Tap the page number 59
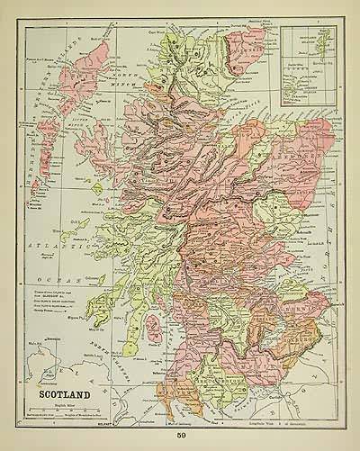[x=181, y=435]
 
